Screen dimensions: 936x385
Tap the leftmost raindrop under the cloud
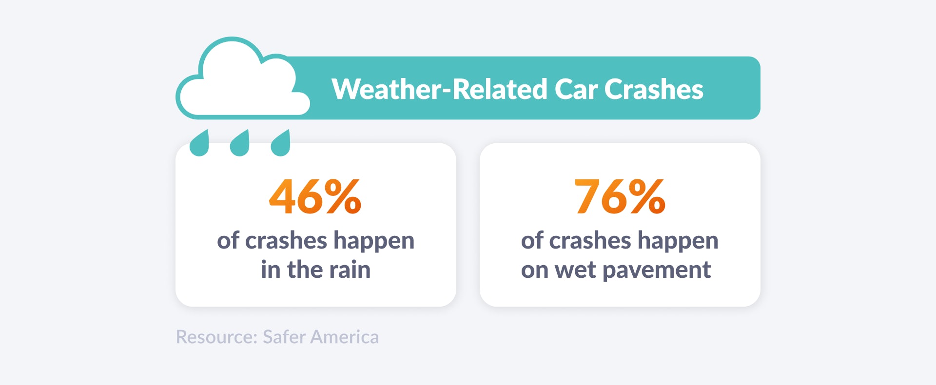coord(199,144)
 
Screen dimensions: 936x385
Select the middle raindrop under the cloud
coord(239,144)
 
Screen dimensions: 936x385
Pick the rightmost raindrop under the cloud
coord(280,144)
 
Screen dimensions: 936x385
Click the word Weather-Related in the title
coord(439,89)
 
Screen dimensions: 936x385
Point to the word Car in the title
coord(576,89)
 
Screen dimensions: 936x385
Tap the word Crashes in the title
coord(654,89)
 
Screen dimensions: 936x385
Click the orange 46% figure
coord(315,196)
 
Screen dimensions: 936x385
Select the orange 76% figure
coord(620,196)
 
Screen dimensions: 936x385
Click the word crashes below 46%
coord(292,241)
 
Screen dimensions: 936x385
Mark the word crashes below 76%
coord(597,241)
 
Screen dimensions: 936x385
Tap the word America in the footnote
coord(345,337)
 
